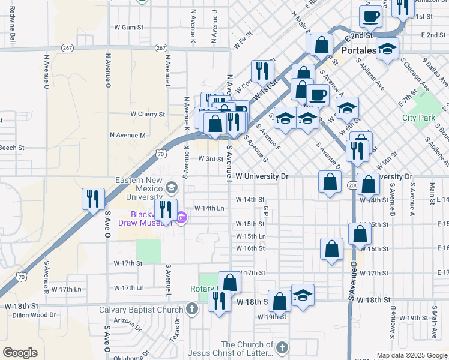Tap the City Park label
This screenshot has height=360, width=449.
(418, 118)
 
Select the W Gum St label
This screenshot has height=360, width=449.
(129, 27)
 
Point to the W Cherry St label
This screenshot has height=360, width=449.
(148, 114)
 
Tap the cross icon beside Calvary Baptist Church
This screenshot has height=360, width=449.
(191, 310)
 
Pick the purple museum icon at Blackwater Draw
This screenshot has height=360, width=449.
(181, 217)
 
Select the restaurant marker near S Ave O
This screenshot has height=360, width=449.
(93, 199)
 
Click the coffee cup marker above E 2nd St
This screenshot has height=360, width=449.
(370, 17)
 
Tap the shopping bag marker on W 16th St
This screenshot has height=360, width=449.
(331, 249)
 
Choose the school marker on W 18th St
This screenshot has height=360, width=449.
(303, 295)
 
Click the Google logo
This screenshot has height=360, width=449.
(20, 352)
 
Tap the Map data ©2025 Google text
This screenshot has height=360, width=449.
(412, 355)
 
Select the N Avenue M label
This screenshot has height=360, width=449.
(126, 136)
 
